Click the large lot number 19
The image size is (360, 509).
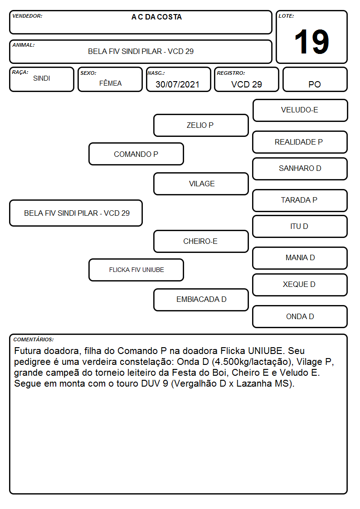tap(311, 42)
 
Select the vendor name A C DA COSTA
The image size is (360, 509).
tap(156, 17)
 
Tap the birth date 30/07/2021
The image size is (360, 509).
tap(177, 84)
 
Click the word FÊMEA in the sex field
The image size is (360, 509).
tap(110, 83)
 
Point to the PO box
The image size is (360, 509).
tap(315, 79)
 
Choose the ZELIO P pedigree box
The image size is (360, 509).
tap(201, 125)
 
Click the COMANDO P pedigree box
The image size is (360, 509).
tap(136, 154)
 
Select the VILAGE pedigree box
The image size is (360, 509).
tap(201, 184)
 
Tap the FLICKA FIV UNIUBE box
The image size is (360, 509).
tap(136, 270)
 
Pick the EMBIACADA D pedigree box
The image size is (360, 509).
tap(201, 300)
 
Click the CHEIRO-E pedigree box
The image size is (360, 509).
tap(201, 242)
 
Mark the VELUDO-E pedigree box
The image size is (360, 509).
tap(300, 111)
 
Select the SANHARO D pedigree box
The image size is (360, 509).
tap(300, 169)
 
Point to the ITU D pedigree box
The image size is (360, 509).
tap(300, 227)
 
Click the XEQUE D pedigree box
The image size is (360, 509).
tap(300, 285)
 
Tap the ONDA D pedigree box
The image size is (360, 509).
tap(300, 316)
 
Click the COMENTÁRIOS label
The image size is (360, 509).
tap(34, 339)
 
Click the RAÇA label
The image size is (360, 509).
tap(20, 73)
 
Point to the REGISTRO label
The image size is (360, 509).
tap(231, 73)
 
